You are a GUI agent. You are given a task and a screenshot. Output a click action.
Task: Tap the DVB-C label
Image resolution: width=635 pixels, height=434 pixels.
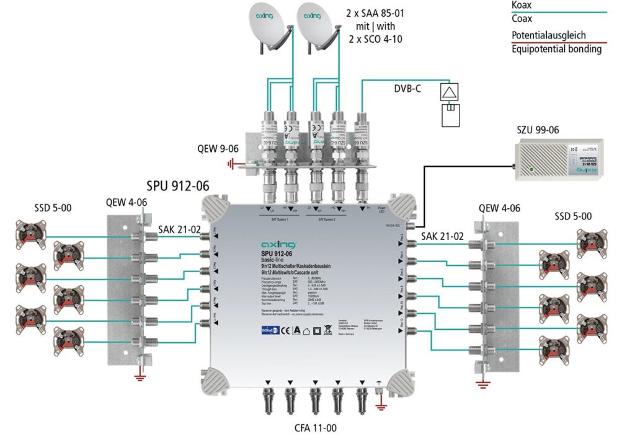coord(407,89)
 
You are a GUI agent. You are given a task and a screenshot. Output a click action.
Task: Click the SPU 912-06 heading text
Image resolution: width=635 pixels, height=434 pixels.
coord(177,186)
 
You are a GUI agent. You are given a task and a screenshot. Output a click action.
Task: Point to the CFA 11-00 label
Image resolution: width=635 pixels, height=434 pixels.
coord(322,428)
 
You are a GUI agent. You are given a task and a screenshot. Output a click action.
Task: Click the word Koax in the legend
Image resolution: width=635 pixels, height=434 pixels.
coord(522,5)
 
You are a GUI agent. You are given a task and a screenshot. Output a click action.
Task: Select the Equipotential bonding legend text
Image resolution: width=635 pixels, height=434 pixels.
coord(556,49)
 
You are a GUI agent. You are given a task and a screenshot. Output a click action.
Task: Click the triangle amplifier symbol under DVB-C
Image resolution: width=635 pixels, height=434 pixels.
coord(447,93)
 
